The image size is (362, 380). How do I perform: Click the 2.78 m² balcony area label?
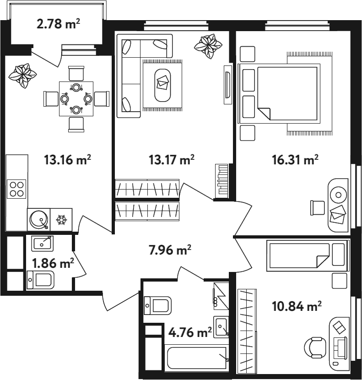[58, 24]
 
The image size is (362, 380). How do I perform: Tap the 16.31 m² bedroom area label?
[295, 160]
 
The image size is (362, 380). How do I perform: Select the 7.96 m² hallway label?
[170, 250]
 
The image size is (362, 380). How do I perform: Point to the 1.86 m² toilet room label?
[53, 263]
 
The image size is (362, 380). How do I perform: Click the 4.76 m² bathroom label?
[190, 332]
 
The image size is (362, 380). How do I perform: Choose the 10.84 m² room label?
[297, 306]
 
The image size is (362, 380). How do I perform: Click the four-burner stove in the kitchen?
[16, 189]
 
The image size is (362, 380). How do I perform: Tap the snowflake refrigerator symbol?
[61, 220]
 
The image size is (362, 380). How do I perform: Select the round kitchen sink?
[38, 219]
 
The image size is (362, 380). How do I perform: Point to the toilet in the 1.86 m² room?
[40, 280]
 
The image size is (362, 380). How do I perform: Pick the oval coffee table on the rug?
[162, 85]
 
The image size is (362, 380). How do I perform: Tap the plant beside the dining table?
[22, 76]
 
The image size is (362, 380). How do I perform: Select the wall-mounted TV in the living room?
[227, 85]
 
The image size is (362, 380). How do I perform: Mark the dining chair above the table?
[76, 73]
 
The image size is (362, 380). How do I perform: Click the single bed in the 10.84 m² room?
[308, 255]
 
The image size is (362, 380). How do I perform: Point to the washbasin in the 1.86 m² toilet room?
[42, 243]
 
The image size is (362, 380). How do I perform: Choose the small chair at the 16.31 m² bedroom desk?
[318, 208]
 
